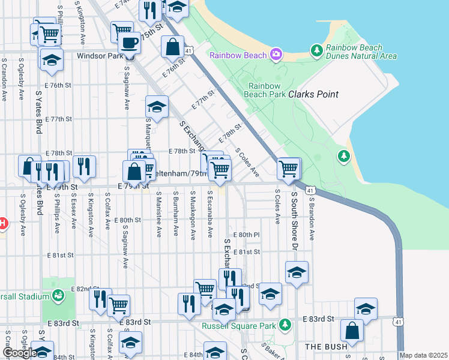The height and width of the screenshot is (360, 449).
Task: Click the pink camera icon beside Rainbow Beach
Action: (276, 55)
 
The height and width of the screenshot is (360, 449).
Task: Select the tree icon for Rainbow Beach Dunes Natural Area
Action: (316, 52)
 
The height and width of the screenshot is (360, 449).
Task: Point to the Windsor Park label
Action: (99, 56)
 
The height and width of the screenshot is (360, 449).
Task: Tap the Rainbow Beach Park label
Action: (265, 89)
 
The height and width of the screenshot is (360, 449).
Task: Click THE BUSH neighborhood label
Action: (327, 347)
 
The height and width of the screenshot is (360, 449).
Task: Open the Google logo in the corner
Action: (19, 353)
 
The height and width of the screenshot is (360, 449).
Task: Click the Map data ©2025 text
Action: (423, 355)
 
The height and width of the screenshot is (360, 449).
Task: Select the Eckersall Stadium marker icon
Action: (58, 296)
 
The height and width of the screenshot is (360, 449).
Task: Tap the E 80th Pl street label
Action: (246, 234)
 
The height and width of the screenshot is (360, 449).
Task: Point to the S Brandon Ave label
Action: (311, 216)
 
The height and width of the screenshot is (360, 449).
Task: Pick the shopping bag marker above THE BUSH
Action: (352, 331)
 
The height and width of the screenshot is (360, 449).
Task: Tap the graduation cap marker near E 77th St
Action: (157, 107)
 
